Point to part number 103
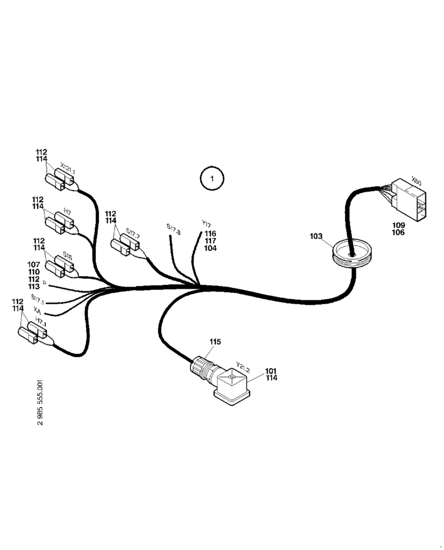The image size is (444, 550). click(x=316, y=236)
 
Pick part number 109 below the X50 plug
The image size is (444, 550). click(x=398, y=226)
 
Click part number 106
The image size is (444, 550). click(x=398, y=233)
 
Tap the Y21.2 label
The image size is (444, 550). click(x=242, y=367)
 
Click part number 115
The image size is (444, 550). click(x=215, y=342)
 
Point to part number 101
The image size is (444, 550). click(x=271, y=371)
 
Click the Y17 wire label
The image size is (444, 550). click(x=206, y=224)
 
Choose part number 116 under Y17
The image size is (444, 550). click(x=210, y=234)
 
